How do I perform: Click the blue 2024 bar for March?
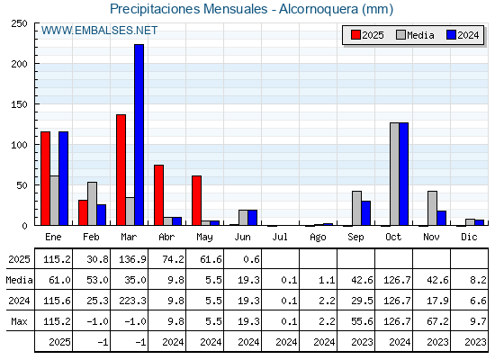139,135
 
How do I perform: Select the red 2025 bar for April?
158,195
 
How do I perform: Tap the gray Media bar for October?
395,174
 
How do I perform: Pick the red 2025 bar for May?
197,201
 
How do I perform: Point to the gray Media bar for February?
92,203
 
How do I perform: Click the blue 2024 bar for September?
366,213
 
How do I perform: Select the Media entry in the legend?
415,35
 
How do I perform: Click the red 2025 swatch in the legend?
355,35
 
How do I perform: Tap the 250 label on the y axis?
19,23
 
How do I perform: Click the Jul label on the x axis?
280,237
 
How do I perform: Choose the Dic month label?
469,237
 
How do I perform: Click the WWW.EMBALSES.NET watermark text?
99,31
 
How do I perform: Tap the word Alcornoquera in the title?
319,9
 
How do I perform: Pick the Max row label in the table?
19,321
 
